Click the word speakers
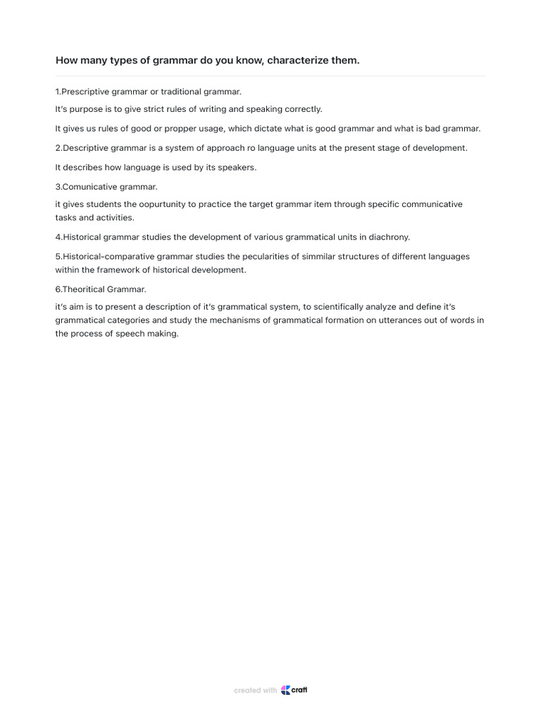(x=236, y=168)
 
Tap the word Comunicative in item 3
(x=89, y=187)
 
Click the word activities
(x=116, y=218)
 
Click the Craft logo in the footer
(x=294, y=690)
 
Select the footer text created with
(x=255, y=691)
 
